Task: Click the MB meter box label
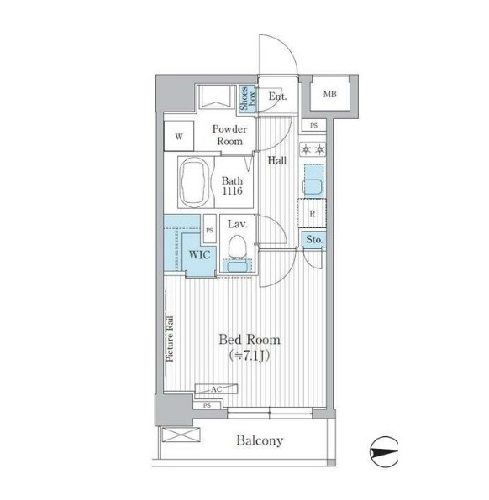[329, 94]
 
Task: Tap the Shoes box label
[248, 98]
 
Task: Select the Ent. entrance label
[277, 96]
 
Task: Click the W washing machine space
[179, 136]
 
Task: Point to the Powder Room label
[229, 135]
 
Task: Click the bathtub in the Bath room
[195, 182]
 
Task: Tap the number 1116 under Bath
[232, 191]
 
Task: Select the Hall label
[277, 160]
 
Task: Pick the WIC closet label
[200, 254]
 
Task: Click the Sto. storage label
[314, 239]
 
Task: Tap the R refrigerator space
[312, 213]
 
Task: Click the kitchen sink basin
[313, 186]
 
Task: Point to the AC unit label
[216, 389]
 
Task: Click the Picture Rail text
[170, 339]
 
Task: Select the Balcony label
[260, 440]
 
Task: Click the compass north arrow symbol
[384, 452]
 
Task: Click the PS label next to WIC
[209, 230]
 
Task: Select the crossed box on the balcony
[181, 435]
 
